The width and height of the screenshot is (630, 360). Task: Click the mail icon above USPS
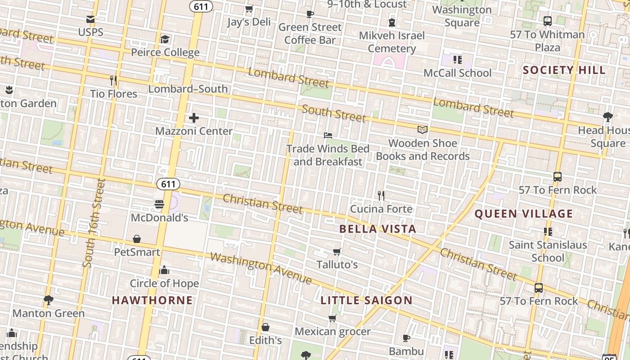point(90,19)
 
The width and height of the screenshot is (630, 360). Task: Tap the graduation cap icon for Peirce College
point(165,40)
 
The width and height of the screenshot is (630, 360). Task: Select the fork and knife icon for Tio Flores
point(113,81)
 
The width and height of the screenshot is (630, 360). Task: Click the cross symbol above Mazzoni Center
point(194,118)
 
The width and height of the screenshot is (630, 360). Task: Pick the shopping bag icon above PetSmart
point(137,239)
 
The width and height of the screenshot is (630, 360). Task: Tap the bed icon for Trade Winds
point(328,135)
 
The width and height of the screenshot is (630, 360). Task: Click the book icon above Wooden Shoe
point(422,130)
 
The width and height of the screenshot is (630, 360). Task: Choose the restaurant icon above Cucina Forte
point(381,196)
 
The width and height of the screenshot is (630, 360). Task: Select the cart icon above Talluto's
point(337,252)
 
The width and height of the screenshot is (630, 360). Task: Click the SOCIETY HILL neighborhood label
point(564,70)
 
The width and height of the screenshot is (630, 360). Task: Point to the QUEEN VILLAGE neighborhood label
point(524,214)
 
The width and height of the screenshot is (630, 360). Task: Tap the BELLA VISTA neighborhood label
point(378,229)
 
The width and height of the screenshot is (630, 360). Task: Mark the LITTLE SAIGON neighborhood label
point(366,301)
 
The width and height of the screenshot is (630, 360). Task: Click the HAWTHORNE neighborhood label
point(152,300)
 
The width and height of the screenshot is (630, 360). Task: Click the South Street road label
point(334,113)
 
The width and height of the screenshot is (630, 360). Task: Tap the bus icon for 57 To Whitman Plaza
point(548,21)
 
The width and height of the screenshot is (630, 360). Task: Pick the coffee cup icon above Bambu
point(406,338)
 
